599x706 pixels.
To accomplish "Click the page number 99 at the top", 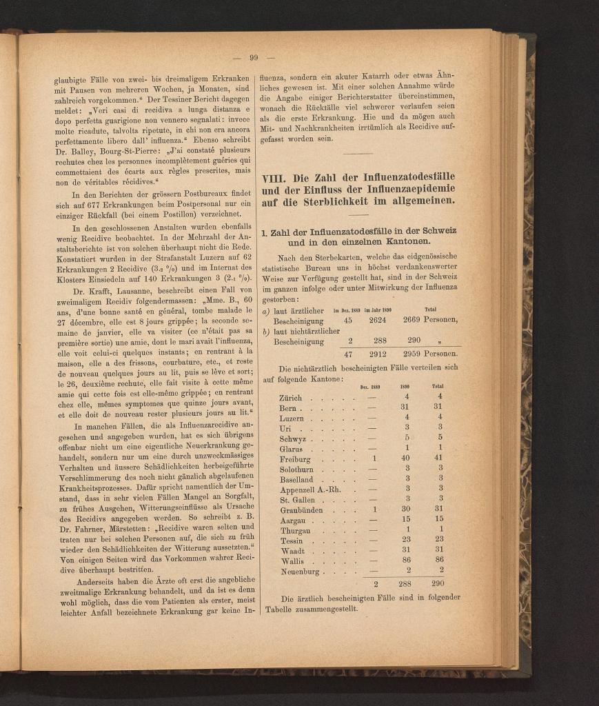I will click(254, 58).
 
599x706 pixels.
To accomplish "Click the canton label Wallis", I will click(293, 562).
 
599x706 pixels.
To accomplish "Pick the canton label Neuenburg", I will click(300, 572).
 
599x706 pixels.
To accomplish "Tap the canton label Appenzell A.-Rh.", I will click(312, 490).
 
